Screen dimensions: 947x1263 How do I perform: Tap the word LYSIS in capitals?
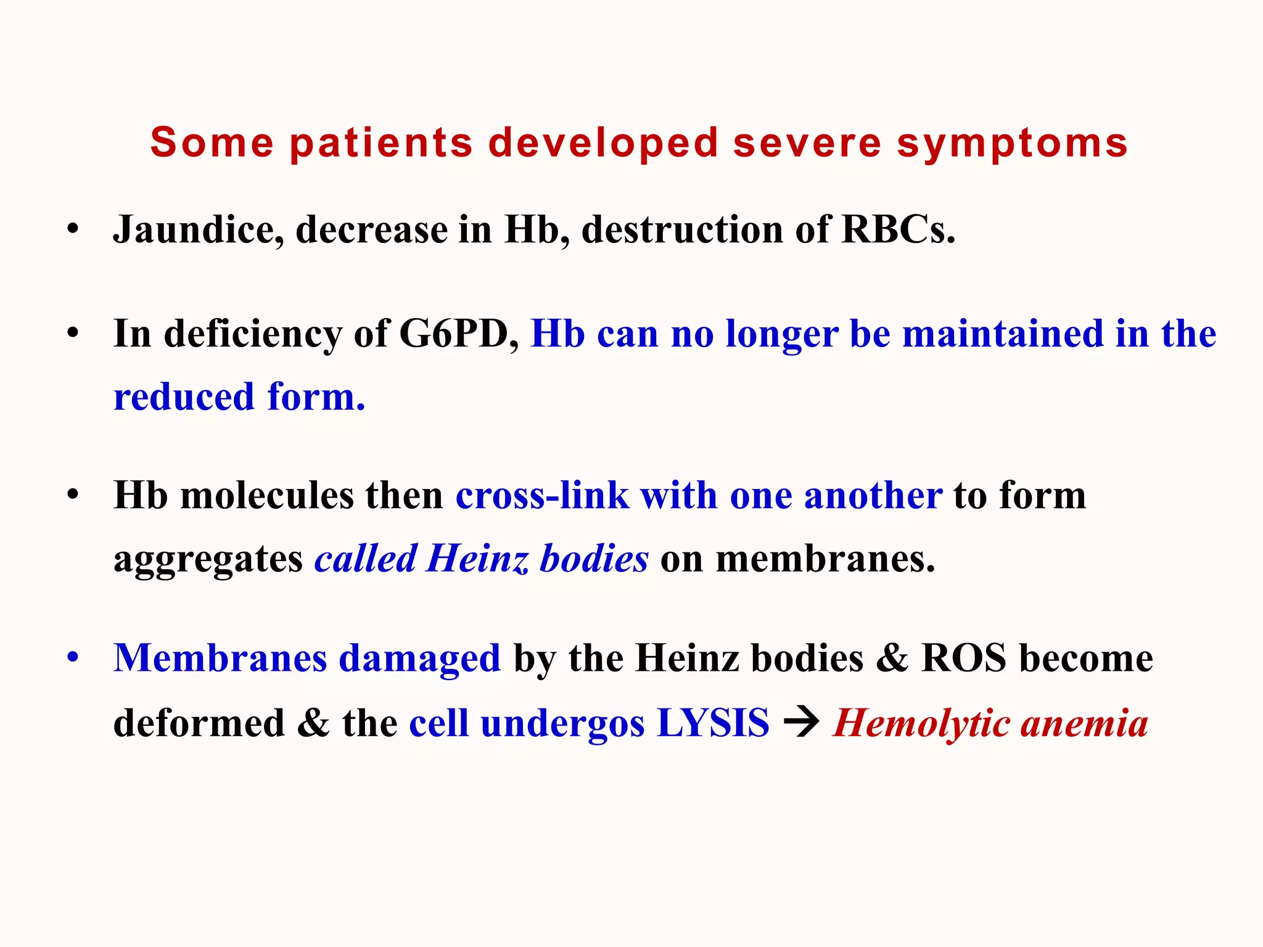click(713, 723)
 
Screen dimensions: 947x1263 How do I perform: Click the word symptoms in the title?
click(1012, 144)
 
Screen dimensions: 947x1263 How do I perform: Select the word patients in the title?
click(381, 144)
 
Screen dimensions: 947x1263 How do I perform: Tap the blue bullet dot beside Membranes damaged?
click(73, 657)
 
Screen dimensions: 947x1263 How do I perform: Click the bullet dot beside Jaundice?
click(73, 229)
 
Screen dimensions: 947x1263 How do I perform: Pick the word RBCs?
click(898, 229)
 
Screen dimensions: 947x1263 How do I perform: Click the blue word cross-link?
click(542, 496)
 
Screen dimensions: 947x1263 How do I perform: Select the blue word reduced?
click(184, 397)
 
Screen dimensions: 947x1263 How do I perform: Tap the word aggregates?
click(208, 560)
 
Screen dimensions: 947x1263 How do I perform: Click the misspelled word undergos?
click(562, 724)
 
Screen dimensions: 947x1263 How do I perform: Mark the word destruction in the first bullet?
click(682, 229)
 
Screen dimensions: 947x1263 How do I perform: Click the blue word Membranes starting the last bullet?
click(220, 658)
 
